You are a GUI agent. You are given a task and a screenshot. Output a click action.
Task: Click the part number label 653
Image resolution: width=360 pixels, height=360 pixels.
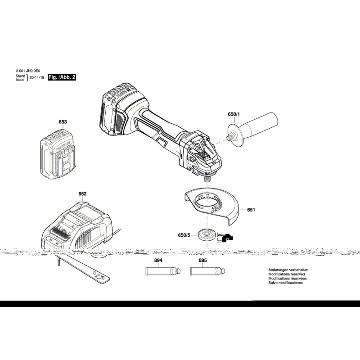click(x=63, y=122)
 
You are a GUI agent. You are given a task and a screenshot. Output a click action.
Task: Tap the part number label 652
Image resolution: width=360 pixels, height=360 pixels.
click(x=82, y=194)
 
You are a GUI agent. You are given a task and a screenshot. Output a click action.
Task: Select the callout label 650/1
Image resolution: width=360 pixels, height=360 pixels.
click(x=235, y=114)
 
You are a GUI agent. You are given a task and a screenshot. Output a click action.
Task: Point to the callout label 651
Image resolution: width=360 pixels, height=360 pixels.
click(x=251, y=210)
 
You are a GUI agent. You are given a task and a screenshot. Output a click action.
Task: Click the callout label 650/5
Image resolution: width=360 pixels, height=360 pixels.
click(x=184, y=235)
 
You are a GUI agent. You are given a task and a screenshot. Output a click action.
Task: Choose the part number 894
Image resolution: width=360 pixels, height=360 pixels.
click(x=158, y=261)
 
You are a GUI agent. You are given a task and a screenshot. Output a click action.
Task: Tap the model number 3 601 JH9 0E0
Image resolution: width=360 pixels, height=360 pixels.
click(x=28, y=71)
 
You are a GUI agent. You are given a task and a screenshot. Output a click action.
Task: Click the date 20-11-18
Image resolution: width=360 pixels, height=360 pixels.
click(x=37, y=77)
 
